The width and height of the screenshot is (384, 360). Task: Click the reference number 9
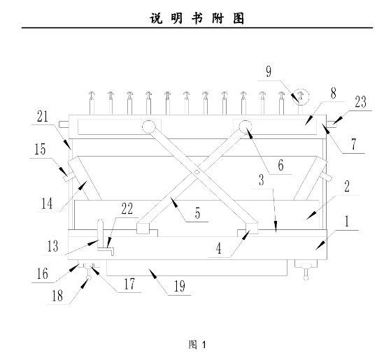[269, 72]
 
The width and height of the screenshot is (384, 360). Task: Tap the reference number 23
[360, 102]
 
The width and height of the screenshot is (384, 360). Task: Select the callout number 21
[43, 116]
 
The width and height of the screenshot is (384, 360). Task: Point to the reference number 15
[40, 149]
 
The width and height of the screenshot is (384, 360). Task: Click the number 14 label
[47, 203]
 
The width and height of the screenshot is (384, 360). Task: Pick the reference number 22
[127, 209]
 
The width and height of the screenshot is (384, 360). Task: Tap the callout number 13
[52, 246]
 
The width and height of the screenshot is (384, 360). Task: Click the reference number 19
[180, 286]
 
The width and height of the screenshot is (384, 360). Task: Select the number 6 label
[280, 165]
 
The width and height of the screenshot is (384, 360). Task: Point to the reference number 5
[198, 213]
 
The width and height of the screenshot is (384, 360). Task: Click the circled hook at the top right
[301, 97]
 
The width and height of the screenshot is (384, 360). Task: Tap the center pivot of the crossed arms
[197, 172]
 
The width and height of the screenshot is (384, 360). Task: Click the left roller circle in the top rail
[148, 127]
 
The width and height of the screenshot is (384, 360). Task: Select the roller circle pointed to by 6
[246, 127]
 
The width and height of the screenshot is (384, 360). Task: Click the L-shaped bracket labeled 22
[106, 250]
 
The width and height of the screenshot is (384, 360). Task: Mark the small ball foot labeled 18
[89, 278]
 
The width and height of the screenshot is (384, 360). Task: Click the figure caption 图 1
[197, 345]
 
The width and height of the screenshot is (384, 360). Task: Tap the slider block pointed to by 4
[252, 228]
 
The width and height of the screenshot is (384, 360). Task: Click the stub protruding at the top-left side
[64, 124]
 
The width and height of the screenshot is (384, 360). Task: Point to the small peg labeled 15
[69, 177]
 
